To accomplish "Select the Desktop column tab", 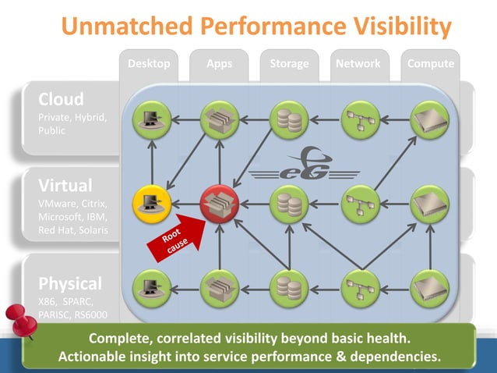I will pyautogui.click(x=149, y=64).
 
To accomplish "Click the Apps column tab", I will pyautogui.click(x=220, y=64).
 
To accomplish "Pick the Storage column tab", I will pyautogui.click(x=289, y=64).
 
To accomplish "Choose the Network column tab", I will pyautogui.click(x=358, y=64).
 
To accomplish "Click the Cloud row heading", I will pyautogui.click(x=62, y=100).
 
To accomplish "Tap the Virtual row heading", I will pyautogui.click(x=65, y=186).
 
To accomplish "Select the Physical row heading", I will pyautogui.click(x=71, y=282).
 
